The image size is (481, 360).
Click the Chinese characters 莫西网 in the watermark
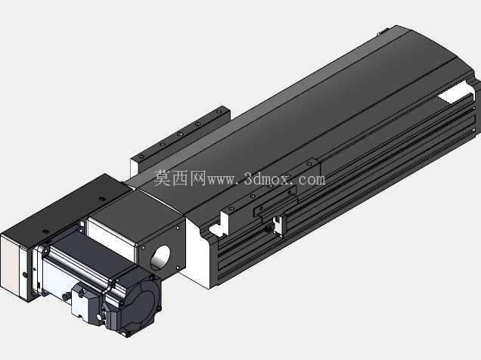(x=179, y=178)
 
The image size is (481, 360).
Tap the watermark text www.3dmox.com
(x=265, y=179)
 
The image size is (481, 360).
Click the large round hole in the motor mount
(x=160, y=258)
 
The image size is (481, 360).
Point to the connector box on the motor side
(x=87, y=302)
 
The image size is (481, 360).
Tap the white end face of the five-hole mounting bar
(x=135, y=168)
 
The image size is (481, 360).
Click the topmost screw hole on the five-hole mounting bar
(x=219, y=112)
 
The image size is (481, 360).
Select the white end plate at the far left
(x=11, y=265)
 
